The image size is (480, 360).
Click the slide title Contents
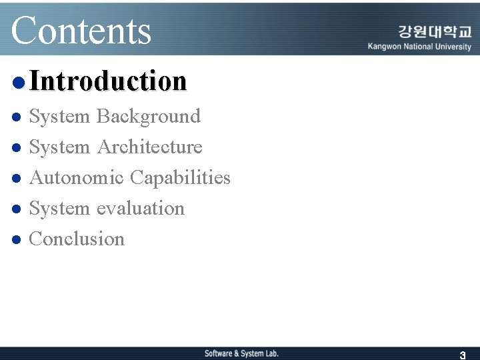81,30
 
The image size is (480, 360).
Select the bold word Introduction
108,81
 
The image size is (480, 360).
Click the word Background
148,116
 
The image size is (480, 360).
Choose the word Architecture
149,147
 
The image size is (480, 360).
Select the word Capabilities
180,178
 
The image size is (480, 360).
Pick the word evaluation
140,208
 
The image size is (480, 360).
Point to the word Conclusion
77,239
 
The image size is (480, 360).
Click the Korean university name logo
435,31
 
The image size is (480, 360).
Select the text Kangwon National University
419,47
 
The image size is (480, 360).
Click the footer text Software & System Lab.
241,353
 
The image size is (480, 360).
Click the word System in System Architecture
59,147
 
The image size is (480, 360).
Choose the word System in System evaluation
59,208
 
